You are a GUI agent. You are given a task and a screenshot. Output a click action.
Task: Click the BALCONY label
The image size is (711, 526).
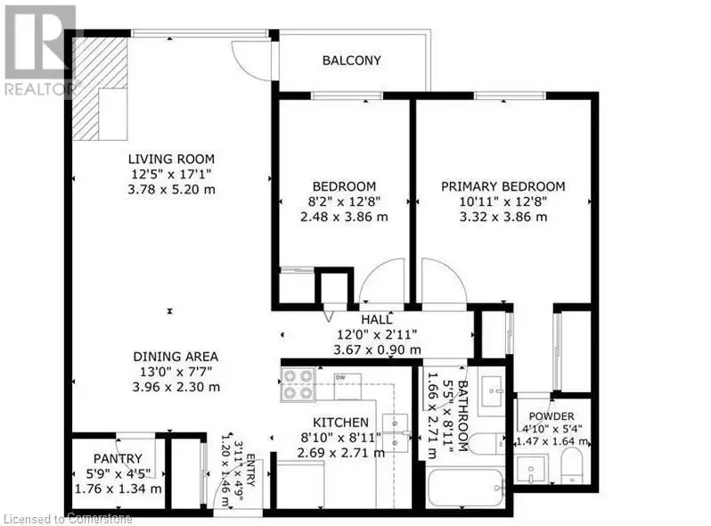pos(351,61)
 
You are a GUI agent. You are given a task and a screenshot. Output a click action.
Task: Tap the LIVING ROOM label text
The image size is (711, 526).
pos(171,160)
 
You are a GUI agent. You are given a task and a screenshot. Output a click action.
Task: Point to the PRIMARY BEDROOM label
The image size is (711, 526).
pos(503,186)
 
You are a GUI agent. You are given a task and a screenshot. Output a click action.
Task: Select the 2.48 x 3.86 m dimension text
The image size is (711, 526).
pos(344,217)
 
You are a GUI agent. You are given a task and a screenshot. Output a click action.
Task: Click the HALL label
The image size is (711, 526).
pos(376,319)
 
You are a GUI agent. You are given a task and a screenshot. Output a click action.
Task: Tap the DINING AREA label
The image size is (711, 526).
pos(176,357)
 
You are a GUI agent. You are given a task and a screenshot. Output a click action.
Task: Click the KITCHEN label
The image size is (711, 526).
pos(341,423)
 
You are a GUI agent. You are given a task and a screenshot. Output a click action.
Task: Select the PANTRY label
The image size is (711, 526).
pos(118,458)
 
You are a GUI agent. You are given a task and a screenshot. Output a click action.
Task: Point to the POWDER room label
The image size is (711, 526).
pos(552,416)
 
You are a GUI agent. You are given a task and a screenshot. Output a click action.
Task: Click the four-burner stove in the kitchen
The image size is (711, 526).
pos(298,385)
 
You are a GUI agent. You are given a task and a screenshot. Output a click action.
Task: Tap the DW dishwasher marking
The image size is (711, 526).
pos(340,377)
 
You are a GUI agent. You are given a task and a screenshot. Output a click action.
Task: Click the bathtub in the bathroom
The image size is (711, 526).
pos(466,489)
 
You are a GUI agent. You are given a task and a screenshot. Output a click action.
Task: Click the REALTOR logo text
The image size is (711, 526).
pos(40,89)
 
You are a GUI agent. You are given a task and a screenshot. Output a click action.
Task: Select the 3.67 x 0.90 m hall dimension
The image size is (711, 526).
pos(377,349)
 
